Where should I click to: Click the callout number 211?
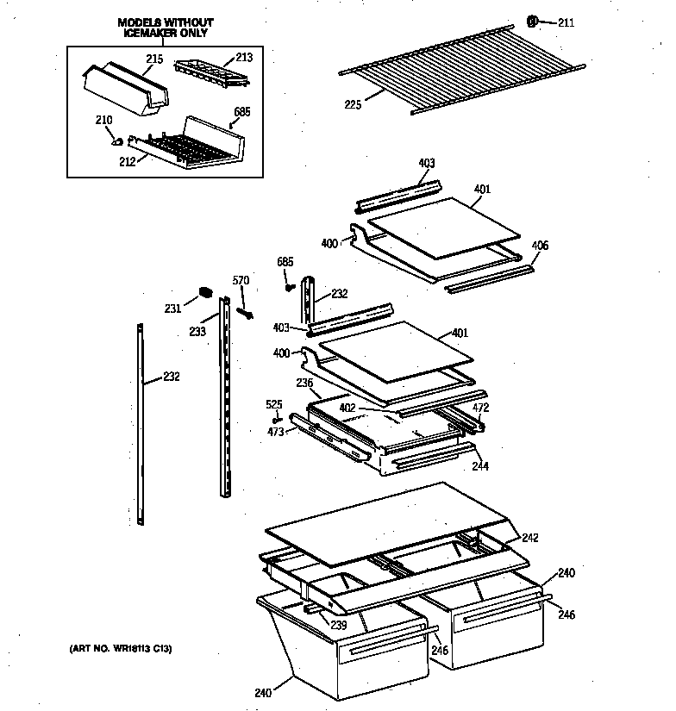click(565, 22)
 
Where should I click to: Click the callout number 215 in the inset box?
click(154, 59)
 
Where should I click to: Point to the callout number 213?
click(244, 59)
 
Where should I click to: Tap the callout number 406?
click(539, 246)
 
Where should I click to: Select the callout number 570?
click(241, 280)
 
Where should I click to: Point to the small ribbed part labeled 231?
click(205, 292)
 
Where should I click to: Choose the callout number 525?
click(273, 403)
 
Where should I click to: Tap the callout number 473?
click(276, 431)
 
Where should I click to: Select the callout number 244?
click(480, 466)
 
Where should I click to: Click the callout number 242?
click(529, 538)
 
